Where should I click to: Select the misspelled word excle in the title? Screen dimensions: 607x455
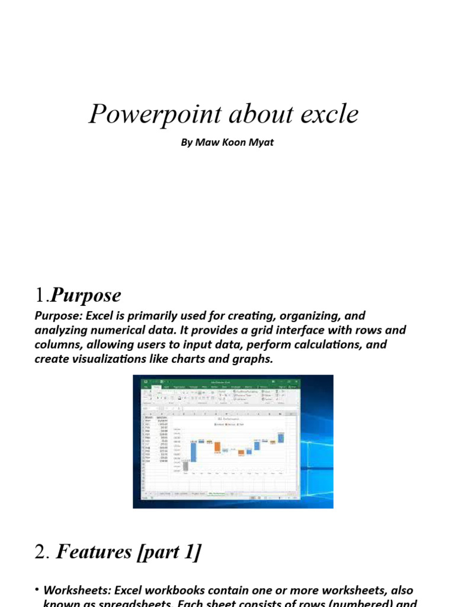click(x=329, y=114)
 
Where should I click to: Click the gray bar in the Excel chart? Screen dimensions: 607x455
click(x=185, y=466)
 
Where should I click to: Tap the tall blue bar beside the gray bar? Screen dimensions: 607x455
click(x=193, y=452)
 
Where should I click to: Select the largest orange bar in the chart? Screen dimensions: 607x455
click(x=217, y=448)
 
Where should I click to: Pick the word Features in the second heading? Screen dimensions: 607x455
click(x=94, y=552)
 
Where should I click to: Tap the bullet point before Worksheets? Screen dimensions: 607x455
click(x=37, y=590)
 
